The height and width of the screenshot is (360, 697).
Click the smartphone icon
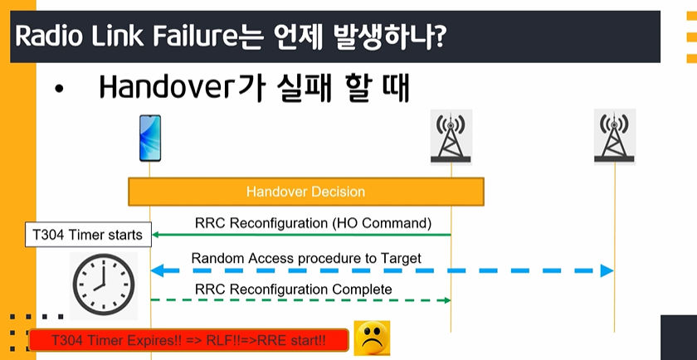150,139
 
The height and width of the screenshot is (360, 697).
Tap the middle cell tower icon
451,137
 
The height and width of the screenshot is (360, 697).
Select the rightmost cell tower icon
614,137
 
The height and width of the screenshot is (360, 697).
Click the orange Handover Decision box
306,192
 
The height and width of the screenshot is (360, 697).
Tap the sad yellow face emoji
373,338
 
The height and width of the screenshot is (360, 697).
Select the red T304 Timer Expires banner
188,340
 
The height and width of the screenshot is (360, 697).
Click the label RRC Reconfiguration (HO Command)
314,223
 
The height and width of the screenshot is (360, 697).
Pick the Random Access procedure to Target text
306,258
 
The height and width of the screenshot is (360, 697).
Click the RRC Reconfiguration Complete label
293,289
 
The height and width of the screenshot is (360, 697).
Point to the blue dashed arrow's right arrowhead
607,271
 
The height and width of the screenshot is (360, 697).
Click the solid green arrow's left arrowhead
154,235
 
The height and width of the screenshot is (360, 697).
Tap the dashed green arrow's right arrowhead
447,300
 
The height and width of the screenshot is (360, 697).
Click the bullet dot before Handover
58,90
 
